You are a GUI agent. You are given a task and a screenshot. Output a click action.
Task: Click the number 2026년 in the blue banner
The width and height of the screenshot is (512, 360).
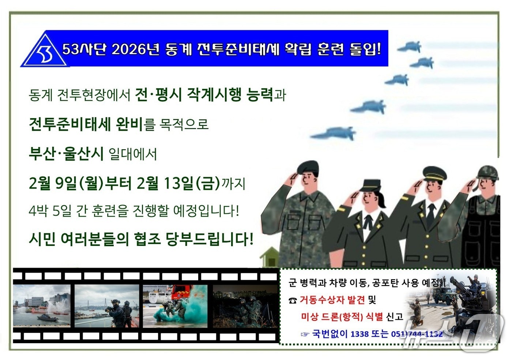tap(135, 49)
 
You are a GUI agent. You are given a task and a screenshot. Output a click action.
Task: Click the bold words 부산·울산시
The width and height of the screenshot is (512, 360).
tap(66, 153)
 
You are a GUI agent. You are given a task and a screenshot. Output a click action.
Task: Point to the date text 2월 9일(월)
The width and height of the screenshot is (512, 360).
tap(66, 183)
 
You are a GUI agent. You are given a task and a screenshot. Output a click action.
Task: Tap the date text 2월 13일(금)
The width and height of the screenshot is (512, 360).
tap(178, 183)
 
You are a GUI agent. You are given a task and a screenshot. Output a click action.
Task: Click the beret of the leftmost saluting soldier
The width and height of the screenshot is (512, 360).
tap(308, 167)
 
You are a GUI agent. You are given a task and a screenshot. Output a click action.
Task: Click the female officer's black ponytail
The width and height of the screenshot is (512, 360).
tap(382, 200)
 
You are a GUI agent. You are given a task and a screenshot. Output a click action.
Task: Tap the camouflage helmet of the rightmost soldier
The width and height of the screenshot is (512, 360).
tap(487, 172)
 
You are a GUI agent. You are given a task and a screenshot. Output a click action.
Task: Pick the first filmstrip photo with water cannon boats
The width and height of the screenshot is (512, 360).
tap(42, 306)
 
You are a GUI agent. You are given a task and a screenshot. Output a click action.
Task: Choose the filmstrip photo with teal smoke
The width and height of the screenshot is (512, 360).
tap(175, 306)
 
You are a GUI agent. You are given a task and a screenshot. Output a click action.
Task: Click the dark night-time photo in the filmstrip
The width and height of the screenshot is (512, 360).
tap(245, 307)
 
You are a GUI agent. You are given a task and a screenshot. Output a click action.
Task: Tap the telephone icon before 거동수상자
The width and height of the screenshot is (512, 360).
tap(292, 301)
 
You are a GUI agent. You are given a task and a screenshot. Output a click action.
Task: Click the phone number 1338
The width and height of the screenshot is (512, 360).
tap(359, 334)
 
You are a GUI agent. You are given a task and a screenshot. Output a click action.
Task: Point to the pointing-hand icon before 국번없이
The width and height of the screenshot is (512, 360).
tap(305, 334)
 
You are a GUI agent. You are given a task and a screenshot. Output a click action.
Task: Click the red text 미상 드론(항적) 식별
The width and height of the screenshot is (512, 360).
tap(342, 317)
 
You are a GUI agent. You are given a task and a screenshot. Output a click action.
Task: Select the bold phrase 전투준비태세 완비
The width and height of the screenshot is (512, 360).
tap(86, 124)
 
